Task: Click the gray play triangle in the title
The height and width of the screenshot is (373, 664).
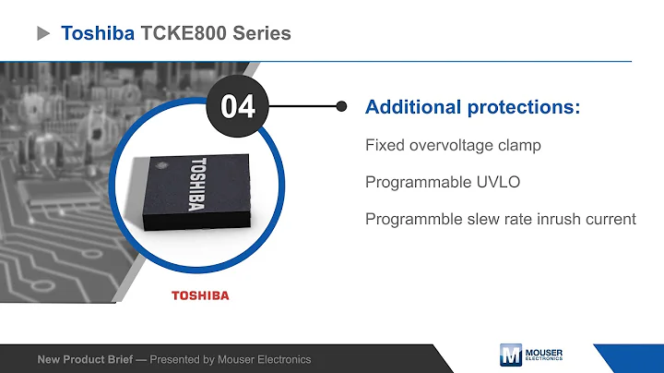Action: pyautogui.click(x=42, y=33)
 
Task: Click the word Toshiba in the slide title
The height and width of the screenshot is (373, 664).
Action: pyautogui.click(x=97, y=33)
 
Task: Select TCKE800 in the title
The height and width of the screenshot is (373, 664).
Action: pyautogui.click(x=184, y=33)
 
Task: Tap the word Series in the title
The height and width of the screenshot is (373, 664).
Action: pyautogui.click(x=262, y=33)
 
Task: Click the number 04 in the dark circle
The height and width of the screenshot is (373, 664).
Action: pyautogui.click(x=238, y=107)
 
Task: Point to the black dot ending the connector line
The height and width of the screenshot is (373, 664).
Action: pyautogui.click(x=342, y=106)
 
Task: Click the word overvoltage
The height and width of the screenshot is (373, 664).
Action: pyautogui.click(x=442, y=145)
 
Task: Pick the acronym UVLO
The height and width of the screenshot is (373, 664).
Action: pyautogui.click(x=499, y=182)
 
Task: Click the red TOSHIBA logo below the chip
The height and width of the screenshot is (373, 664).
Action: pyautogui.click(x=200, y=295)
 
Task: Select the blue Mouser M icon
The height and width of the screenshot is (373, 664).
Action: pyautogui.click(x=510, y=355)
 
